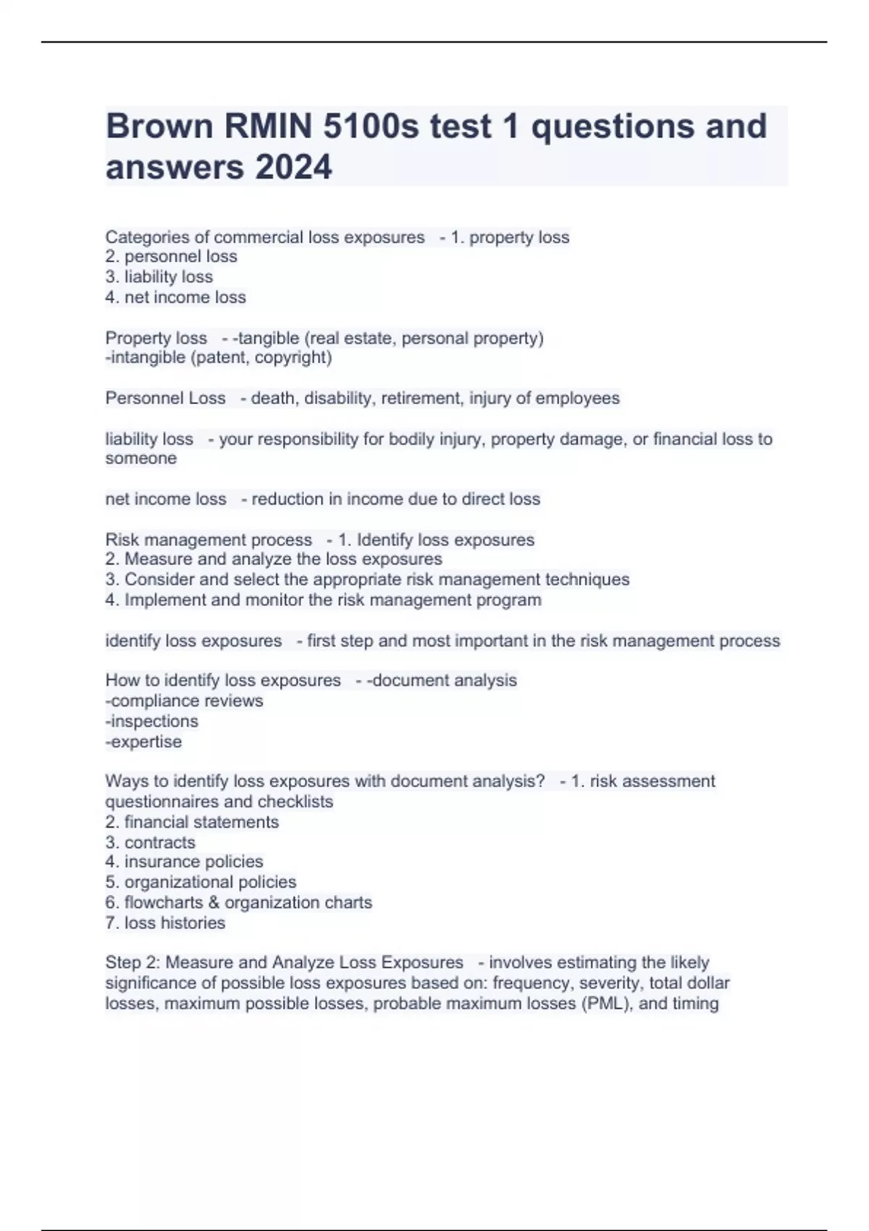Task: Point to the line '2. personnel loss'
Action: coord(171,256)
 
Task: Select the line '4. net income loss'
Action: coord(175,297)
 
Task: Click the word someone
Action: coord(140,458)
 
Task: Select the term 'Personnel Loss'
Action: coord(165,398)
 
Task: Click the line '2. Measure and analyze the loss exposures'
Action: coord(273,559)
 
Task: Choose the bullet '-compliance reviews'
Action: coord(184,701)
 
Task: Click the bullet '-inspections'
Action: coord(151,721)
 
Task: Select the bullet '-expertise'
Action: coord(143,741)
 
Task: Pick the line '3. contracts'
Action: coord(150,842)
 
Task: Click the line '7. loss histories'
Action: coord(165,923)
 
